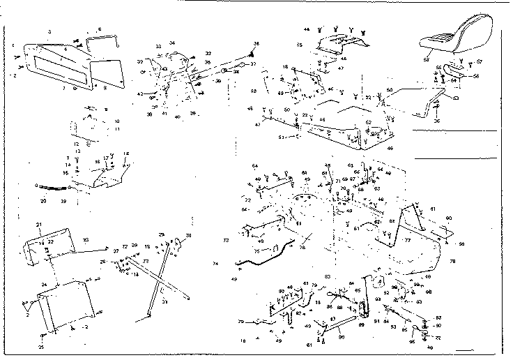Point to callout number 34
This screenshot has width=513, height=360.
tap(172, 43)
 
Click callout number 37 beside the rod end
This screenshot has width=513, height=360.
tap(253, 64)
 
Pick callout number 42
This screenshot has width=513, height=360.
tap(139, 93)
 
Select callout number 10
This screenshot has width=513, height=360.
tap(98, 120)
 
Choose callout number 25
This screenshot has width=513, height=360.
tap(41, 347)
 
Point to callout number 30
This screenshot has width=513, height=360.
tap(189, 235)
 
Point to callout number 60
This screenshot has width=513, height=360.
tap(449, 218)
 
